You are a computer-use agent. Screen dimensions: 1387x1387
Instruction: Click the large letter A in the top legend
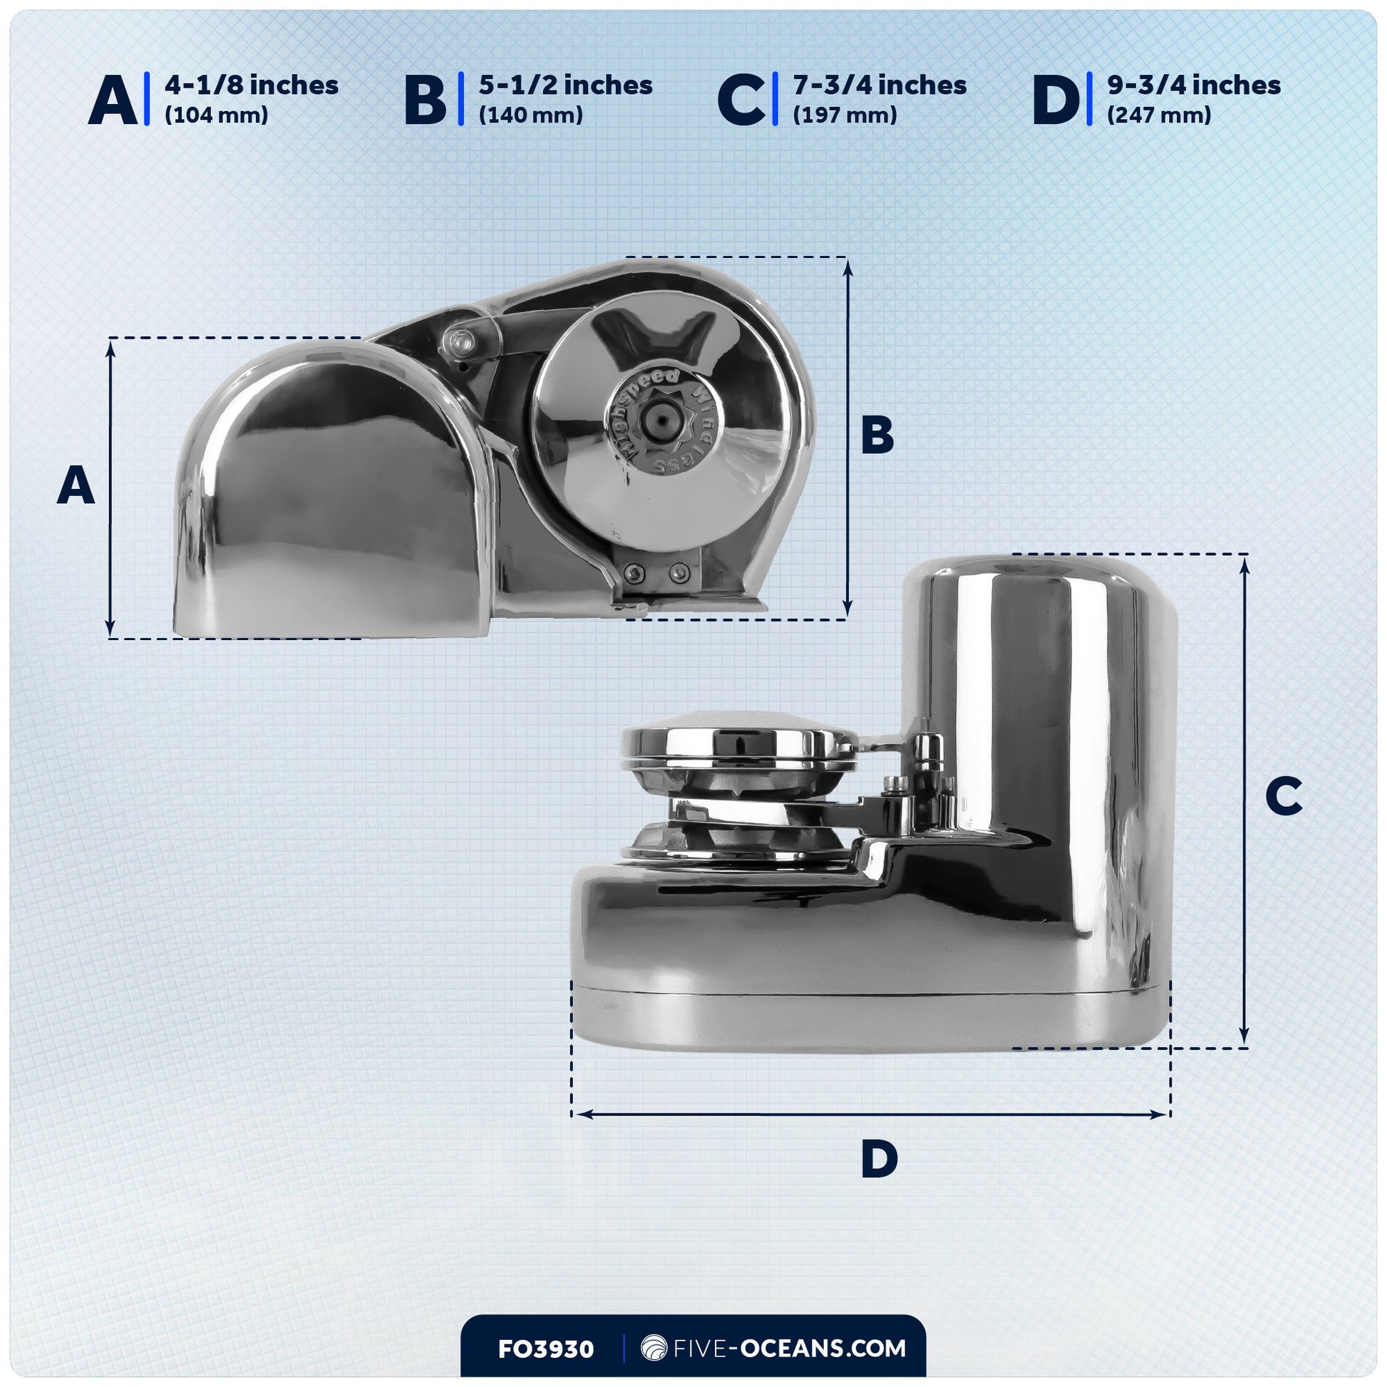[113, 100]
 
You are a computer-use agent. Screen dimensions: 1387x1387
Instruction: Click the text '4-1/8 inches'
[252, 86]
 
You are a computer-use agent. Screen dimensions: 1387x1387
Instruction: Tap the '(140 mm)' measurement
[530, 115]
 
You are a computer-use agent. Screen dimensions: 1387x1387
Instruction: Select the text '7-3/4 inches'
[880, 86]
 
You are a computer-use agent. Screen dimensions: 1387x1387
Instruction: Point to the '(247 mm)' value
[1159, 115]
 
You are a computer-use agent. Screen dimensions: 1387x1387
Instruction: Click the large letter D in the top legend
[1056, 100]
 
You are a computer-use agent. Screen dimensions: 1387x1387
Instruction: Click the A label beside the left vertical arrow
[76, 485]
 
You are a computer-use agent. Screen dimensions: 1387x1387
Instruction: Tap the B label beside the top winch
[877, 434]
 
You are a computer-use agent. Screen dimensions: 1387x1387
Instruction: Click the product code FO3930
[546, 1350]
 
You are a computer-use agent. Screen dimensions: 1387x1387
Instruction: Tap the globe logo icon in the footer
[654, 1349]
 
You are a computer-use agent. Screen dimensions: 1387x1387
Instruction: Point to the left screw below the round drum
[634, 572]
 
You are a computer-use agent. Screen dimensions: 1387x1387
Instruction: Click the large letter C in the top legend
[741, 100]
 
